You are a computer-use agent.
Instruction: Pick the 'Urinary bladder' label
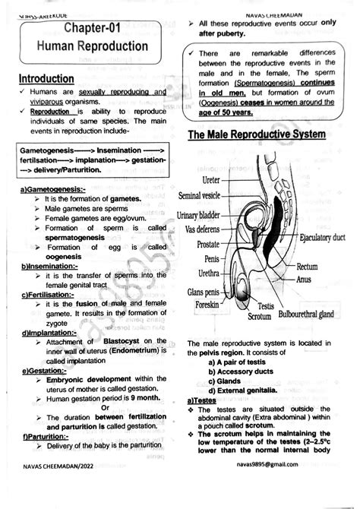[x=201, y=217]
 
